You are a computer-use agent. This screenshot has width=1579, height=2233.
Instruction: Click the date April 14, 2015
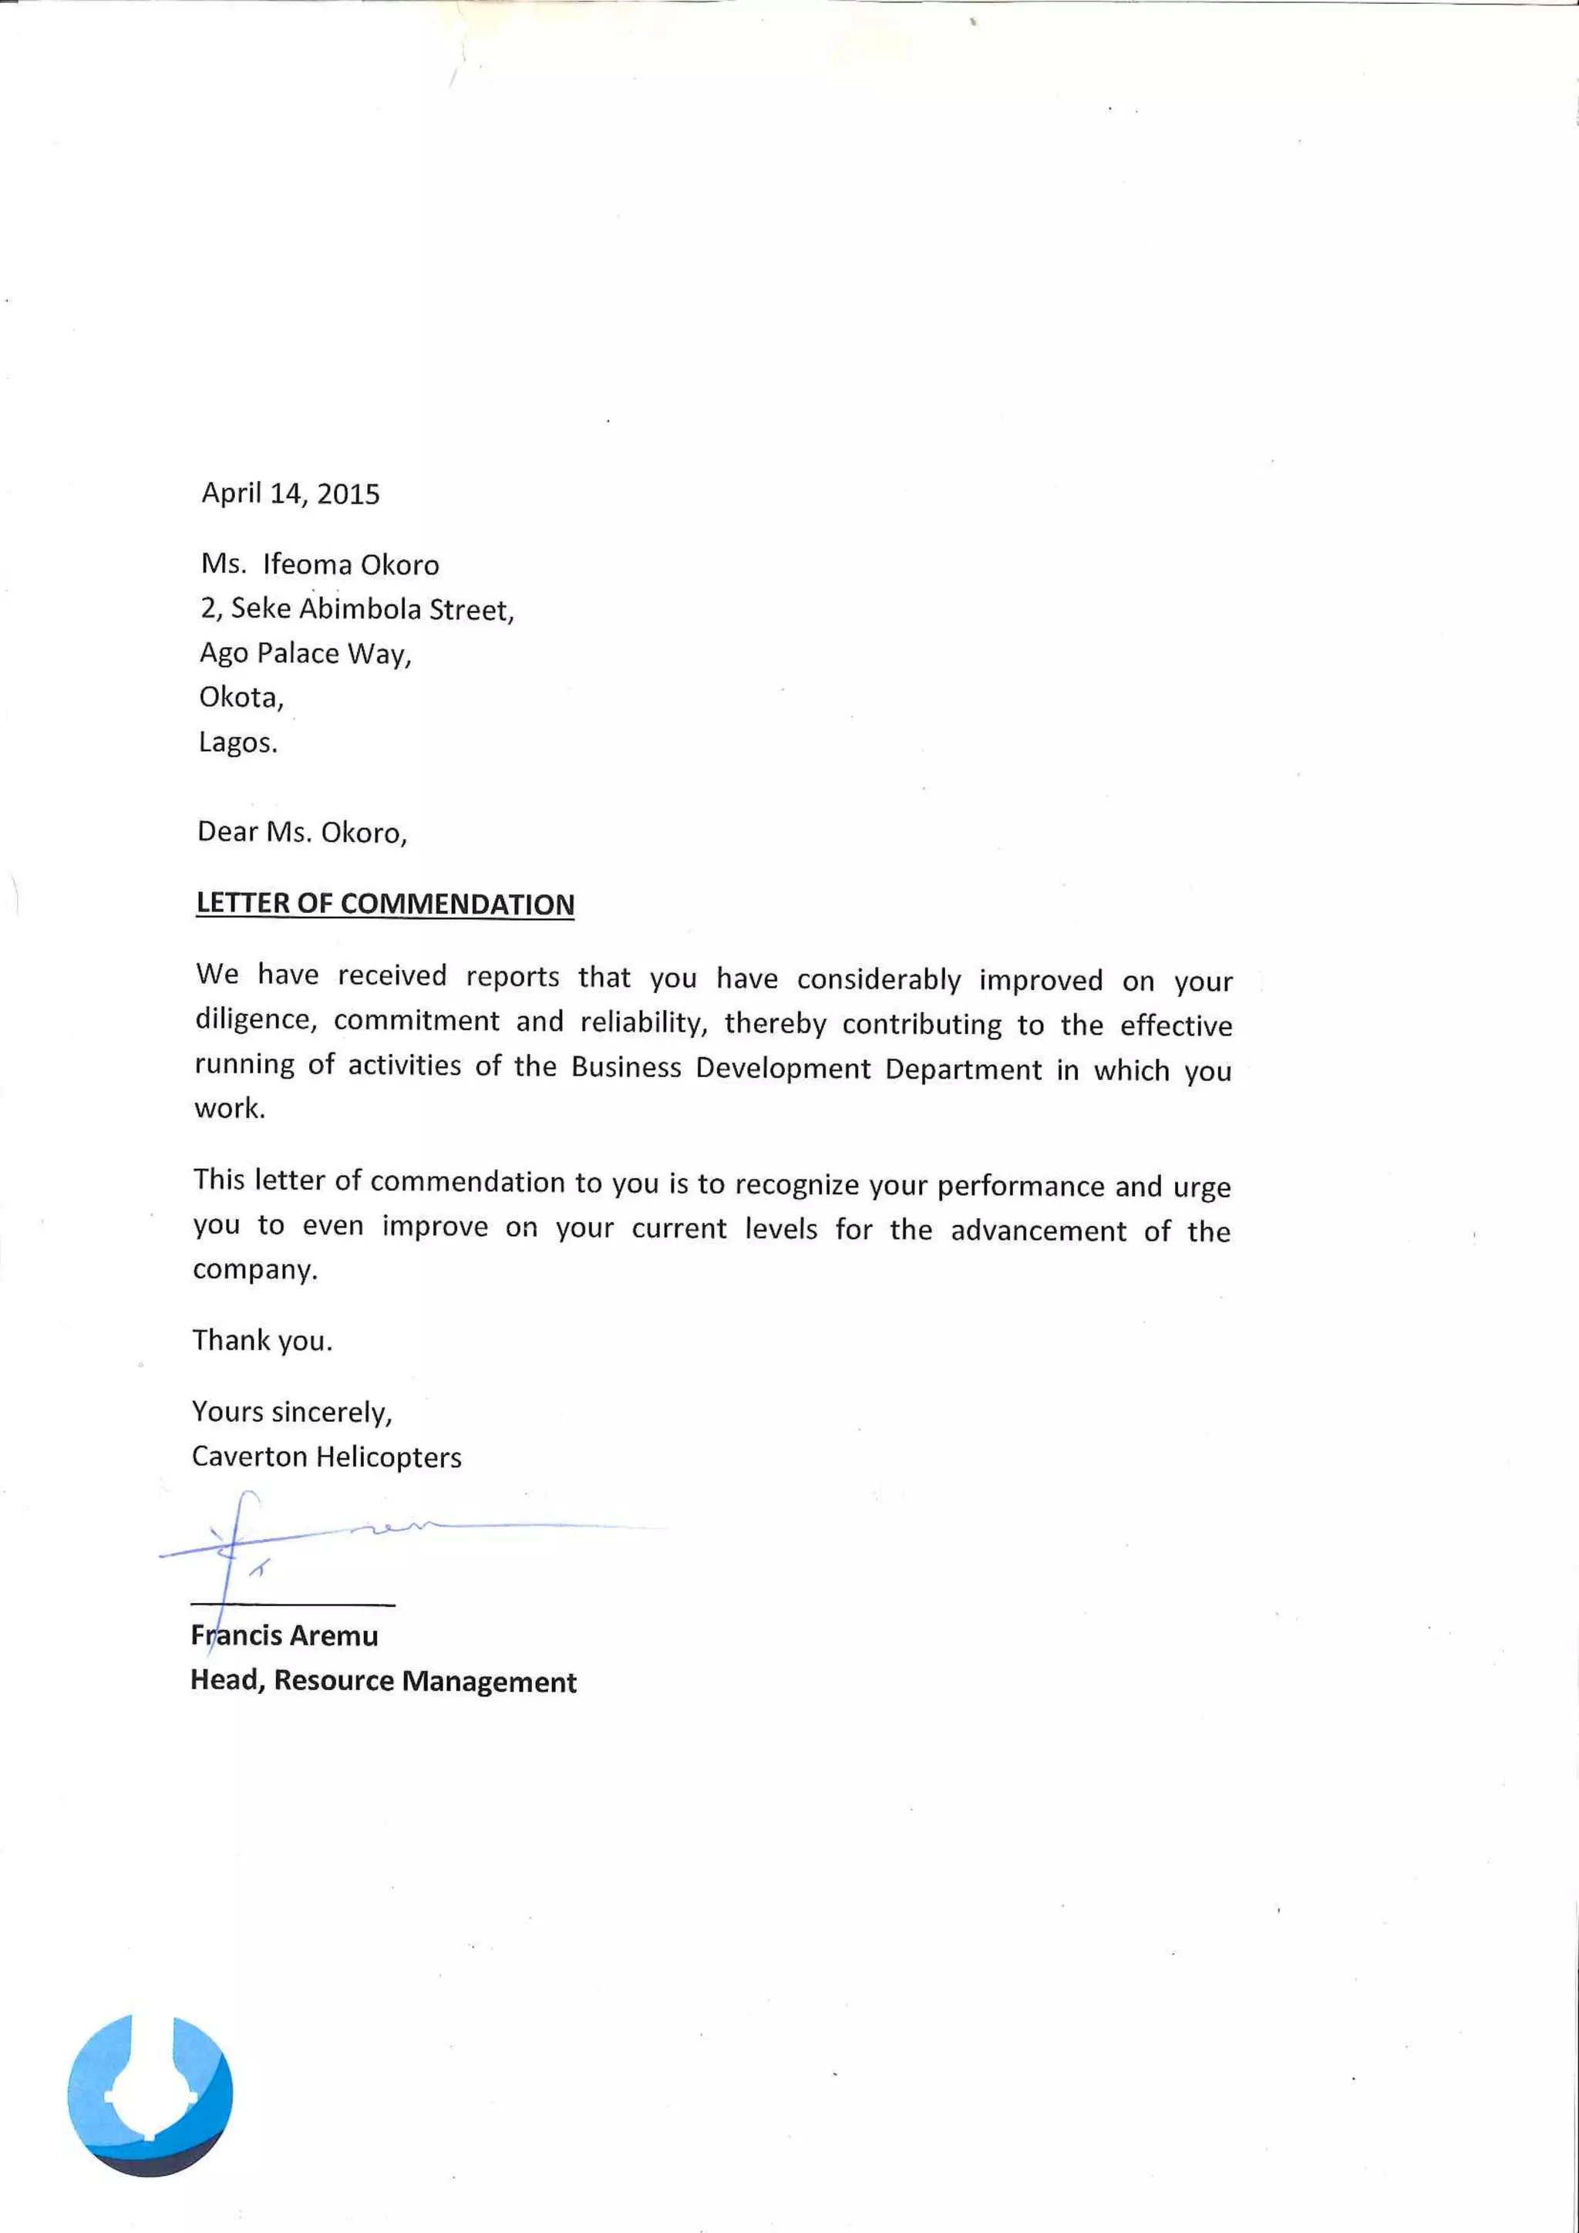(x=290, y=494)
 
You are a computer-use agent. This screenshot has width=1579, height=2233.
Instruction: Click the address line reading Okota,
(x=241, y=697)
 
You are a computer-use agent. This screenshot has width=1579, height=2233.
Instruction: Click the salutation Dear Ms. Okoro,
(x=301, y=833)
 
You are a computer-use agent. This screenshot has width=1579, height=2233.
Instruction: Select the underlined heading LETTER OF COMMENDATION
(x=385, y=904)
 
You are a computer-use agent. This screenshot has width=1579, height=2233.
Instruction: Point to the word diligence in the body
(x=254, y=1019)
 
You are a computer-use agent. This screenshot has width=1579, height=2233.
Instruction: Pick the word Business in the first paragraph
(x=625, y=1068)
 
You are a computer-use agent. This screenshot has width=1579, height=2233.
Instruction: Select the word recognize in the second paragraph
(x=796, y=1184)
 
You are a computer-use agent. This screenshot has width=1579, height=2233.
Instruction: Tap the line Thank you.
(x=261, y=1340)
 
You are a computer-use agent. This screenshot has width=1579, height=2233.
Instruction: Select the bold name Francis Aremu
(x=284, y=1636)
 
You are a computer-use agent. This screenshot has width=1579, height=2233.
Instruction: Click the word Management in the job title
(x=489, y=1682)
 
